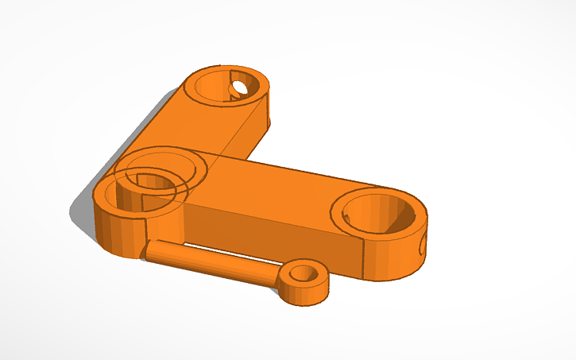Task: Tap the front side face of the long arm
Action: click(262, 230)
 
